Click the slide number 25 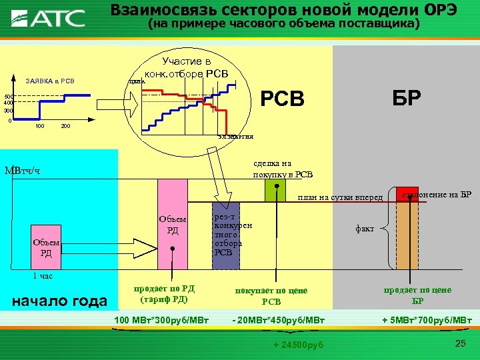tap(459, 343)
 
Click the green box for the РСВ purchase tap(275, 191)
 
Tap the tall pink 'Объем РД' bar tap(172, 225)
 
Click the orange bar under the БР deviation tap(407, 236)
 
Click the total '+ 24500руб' tap(298, 344)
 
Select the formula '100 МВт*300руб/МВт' tap(162, 321)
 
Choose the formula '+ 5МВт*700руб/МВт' tap(427, 321)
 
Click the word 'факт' tap(365, 228)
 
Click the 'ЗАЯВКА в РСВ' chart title tap(50, 82)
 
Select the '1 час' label tap(43, 276)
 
